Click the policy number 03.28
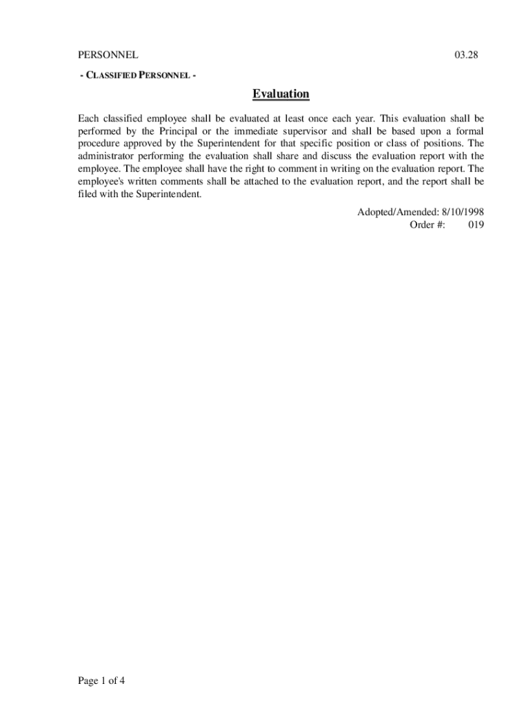(x=465, y=54)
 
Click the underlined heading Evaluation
(x=281, y=94)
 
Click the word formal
(x=468, y=131)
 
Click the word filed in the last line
(x=86, y=194)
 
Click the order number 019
(x=476, y=225)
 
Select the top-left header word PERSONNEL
(x=108, y=54)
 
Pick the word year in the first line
(x=365, y=119)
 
